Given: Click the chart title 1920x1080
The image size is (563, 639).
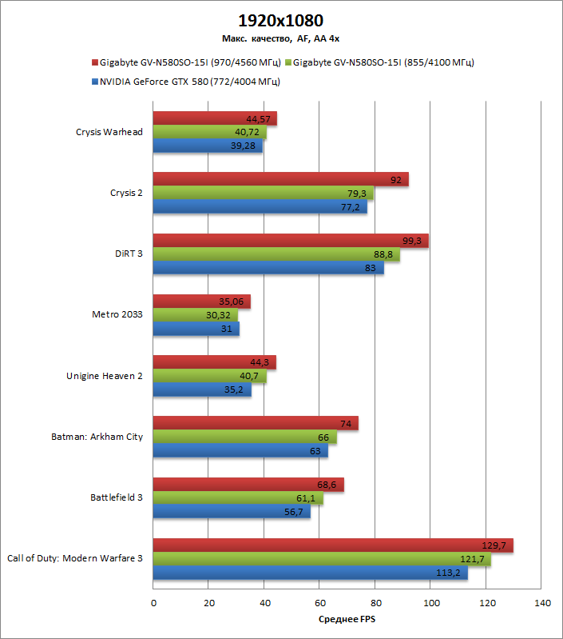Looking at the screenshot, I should pos(280,20).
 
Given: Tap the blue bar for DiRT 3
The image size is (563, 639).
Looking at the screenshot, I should pos(268,268).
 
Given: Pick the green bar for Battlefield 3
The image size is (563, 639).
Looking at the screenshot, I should pos(237,499).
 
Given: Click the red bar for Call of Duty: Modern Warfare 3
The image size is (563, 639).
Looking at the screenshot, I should pos(332,545).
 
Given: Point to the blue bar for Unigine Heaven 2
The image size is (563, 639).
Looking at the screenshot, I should pos(201,390).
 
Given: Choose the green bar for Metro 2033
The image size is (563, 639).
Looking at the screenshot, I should pos(195,315).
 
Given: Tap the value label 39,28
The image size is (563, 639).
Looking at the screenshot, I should pos(247,146).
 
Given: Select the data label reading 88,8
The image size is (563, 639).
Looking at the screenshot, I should pos(384,254).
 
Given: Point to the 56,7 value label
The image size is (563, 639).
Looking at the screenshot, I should pos(295,513).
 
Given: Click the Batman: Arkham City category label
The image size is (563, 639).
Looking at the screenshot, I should pos(97,437).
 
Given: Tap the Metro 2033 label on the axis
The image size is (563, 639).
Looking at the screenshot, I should pos(118,314).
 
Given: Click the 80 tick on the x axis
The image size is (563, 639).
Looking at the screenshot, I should pos(375,603).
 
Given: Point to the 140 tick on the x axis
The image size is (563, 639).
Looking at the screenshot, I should pos(541,603).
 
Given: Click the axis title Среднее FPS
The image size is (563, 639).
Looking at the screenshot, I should pos(347,619).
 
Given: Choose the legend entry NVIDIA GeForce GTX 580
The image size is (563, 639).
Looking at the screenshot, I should pos(189,82).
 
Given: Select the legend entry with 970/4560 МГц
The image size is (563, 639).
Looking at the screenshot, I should pos(190,62).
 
